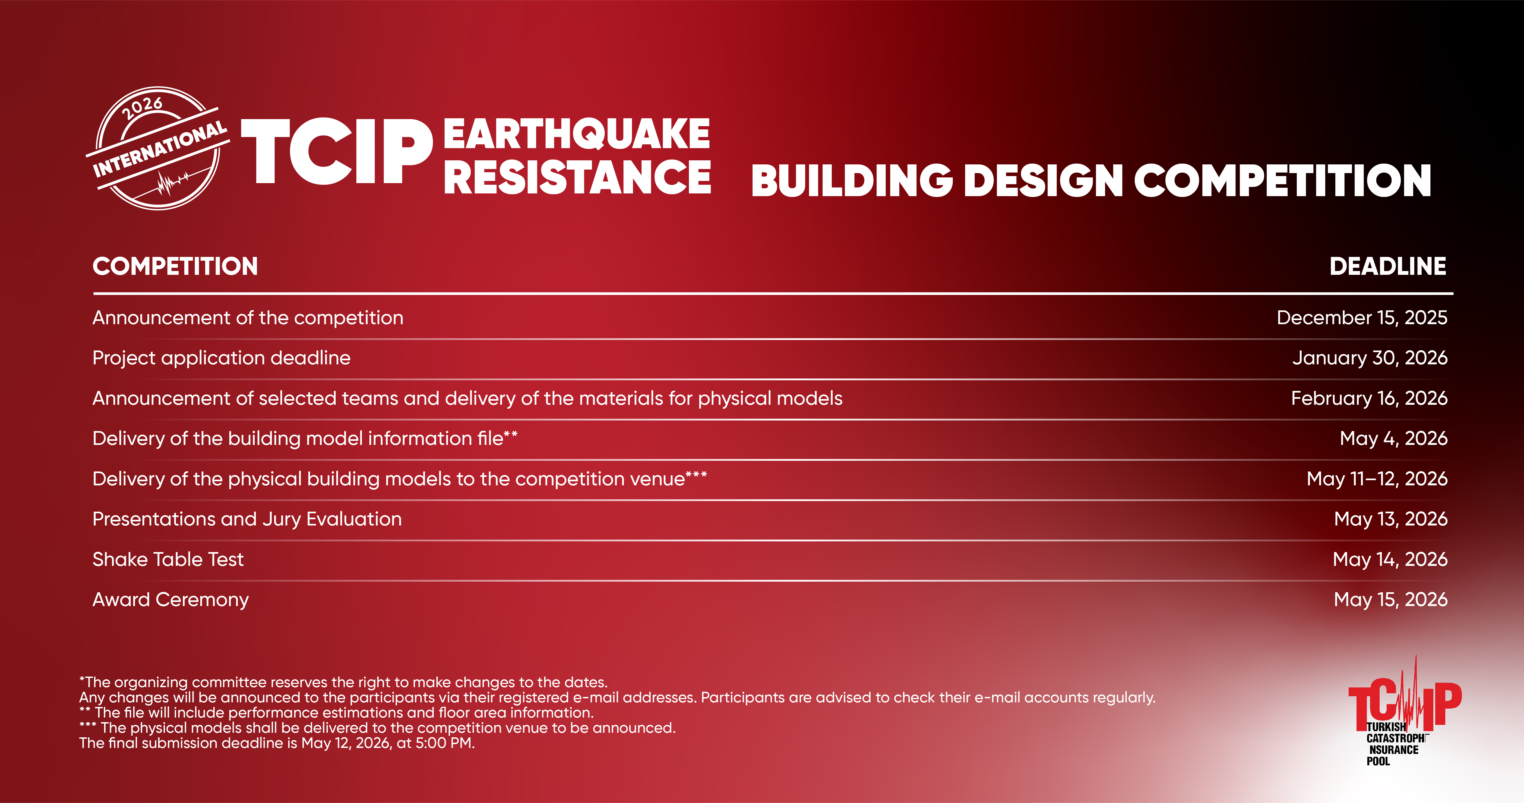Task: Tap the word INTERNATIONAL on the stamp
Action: pyautogui.click(x=160, y=149)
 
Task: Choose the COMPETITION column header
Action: pyautogui.click(x=175, y=266)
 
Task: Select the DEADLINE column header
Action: pyautogui.click(x=1388, y=266)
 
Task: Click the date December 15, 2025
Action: pyautogui.click(x=1362, y=317)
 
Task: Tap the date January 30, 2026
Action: pyautogui.click(x=1370, y=358)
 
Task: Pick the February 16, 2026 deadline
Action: pyautogui.click(x=1369, y=398)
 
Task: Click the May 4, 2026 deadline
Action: pyautogui.click(x=1393, y=438)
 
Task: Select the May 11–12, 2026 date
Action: pyautogui.click(x=1377, y=478)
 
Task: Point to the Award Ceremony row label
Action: pyautogui.click(x=170, y=600)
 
